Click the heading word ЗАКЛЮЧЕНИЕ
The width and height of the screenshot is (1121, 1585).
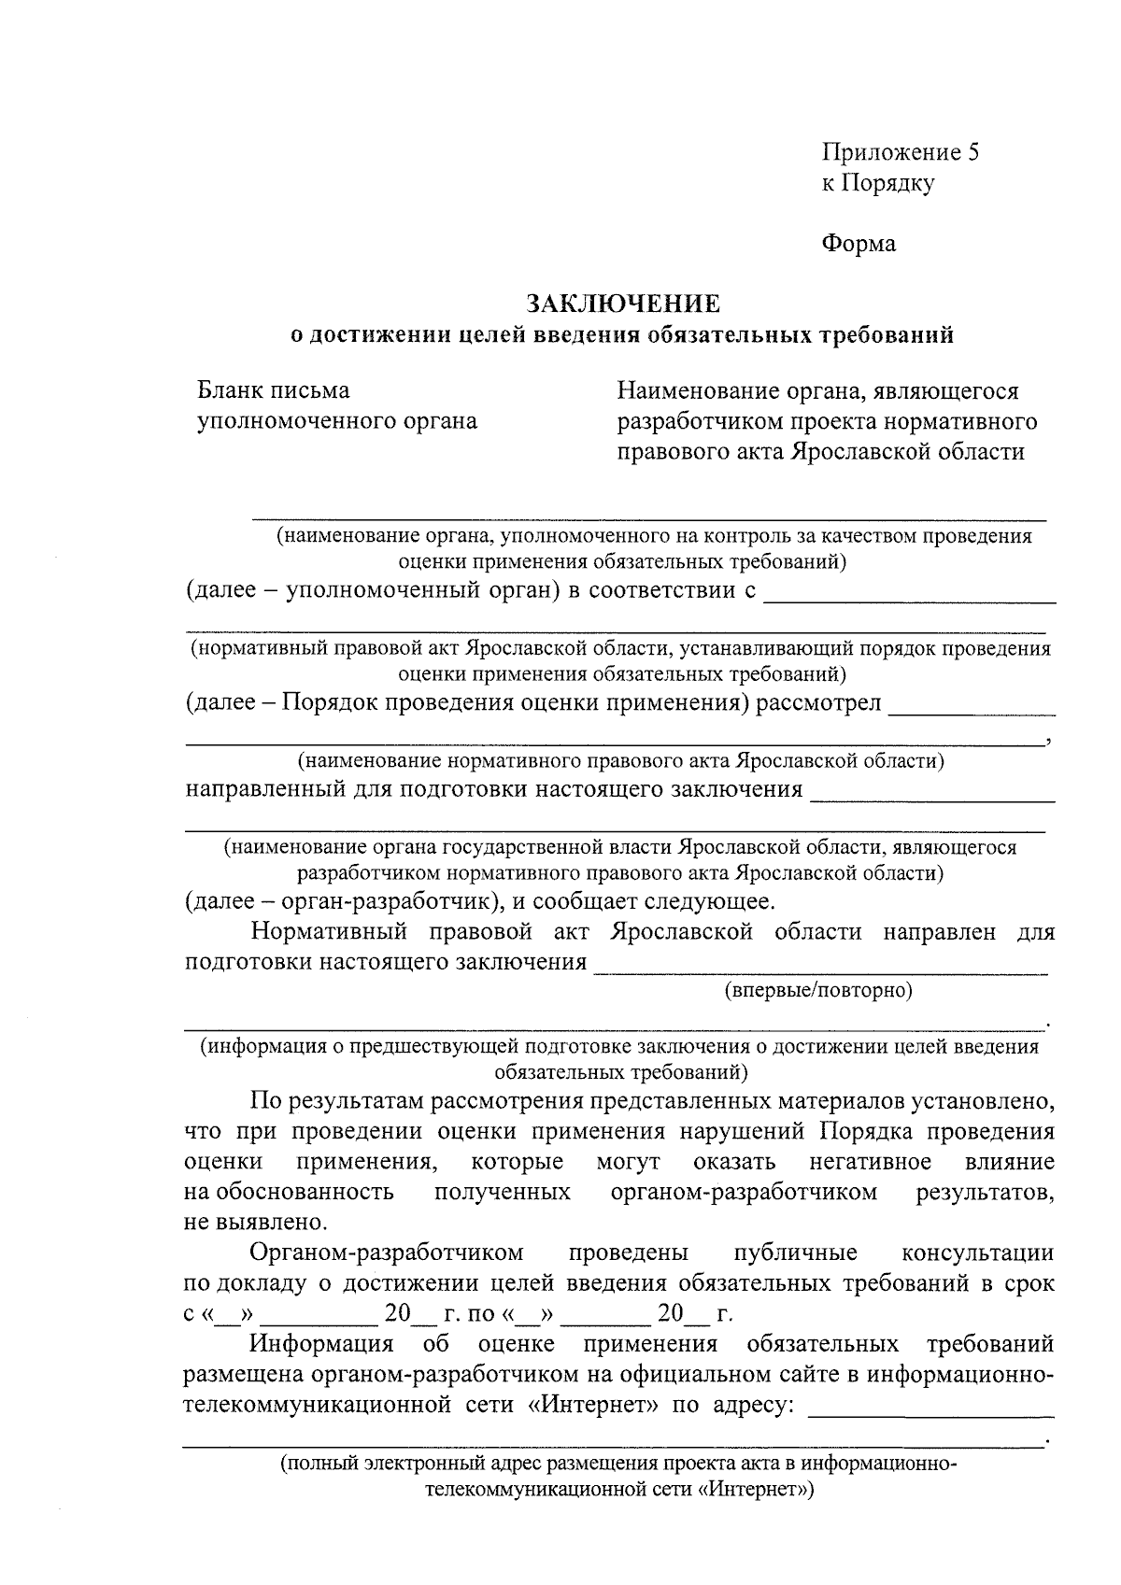(x=623, y=304)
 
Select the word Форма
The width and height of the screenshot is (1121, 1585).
(x=858, y=244)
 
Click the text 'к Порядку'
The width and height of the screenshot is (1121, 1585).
(x=877, y=183)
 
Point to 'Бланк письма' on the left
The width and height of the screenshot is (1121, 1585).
(x=274, y=389)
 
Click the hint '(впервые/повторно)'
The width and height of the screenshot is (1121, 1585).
(x=818, y=989)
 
